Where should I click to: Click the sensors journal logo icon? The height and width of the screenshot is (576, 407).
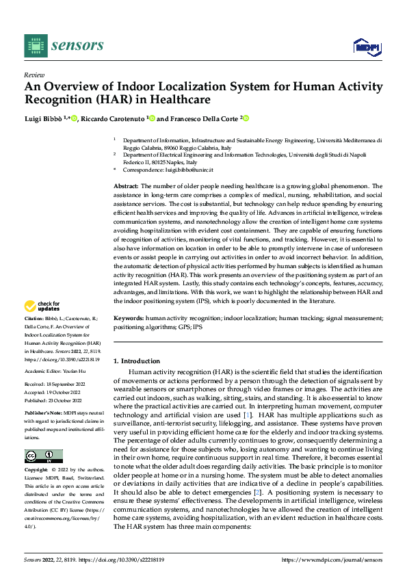click(x=36, y=45)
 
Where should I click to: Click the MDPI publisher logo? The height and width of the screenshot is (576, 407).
click(x=365, y=46)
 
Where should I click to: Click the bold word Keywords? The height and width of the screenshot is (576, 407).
click(x=128, y=318)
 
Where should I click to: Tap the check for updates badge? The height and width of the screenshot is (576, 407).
click(x=42, y=306)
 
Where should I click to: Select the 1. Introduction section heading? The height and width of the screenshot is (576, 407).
click(x=137, y=361)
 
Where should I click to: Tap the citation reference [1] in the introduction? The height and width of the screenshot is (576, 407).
click(x=248, y=415)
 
